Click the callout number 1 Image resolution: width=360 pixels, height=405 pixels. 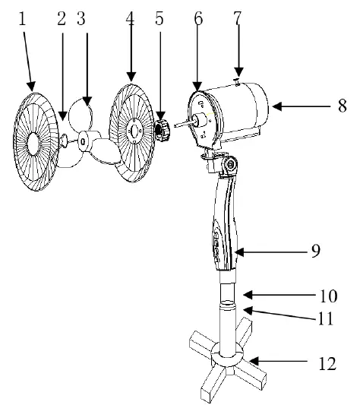coord(24,19)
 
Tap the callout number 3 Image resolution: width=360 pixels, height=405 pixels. coord(81,19)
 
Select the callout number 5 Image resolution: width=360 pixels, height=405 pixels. coord(159,19)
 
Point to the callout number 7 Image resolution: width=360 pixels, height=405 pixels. coord(238,19)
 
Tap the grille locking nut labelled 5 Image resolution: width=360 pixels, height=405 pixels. coord(162,131)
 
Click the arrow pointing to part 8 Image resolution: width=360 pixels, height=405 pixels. coord(300,107)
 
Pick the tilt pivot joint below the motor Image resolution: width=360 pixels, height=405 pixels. coord(226,163)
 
